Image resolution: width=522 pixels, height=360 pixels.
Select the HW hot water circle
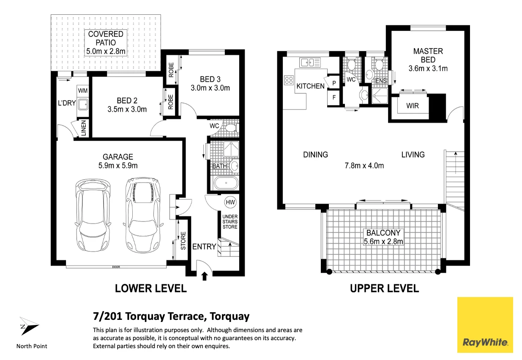click(230, 203)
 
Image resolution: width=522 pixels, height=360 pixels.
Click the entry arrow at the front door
click(205, 276)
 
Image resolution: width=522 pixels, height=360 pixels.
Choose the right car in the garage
click(144, 214)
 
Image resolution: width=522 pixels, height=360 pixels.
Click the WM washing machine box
click(82, 90)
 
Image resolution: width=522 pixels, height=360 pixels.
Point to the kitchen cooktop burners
click(289, 80)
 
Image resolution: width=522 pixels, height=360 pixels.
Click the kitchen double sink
click(310, 63)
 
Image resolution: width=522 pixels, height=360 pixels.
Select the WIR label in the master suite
click(412, 106)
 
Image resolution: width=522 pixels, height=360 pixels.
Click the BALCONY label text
click(383, 233)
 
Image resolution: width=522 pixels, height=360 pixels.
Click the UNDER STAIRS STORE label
click(230, 222)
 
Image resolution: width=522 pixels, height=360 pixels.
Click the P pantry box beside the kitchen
click(334, 83)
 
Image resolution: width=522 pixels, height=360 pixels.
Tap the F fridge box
click(334, 98)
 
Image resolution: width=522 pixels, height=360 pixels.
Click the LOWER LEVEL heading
click(150, 289)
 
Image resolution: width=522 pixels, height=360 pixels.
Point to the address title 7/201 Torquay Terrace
click(171, 316)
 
